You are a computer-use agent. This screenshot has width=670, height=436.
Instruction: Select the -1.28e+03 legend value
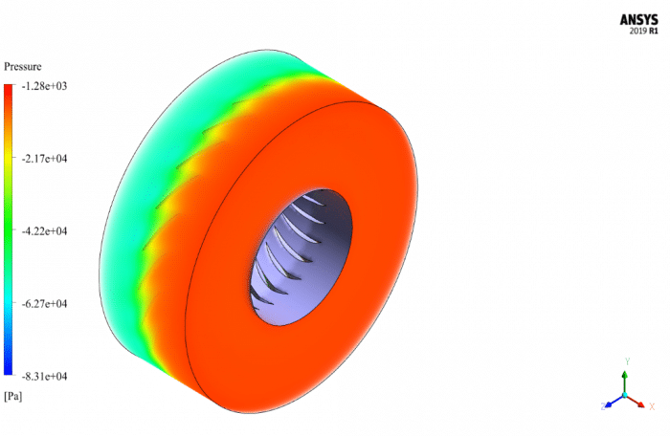click(x=45, y=86)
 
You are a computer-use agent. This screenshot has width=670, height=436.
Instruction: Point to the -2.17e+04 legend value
click(x=45, y=159)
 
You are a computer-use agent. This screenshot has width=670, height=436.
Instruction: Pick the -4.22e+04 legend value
click(x=45, y=231)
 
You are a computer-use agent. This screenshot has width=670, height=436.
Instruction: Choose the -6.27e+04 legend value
click(x=45, y=304)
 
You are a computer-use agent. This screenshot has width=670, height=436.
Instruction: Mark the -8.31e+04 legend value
click(x=45, y=376)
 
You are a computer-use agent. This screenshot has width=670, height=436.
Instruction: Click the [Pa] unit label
click(x=13, y=395)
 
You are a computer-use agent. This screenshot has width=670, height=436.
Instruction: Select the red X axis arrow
click(x=636, y=401)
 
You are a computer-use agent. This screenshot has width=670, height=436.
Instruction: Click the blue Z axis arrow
click(x=613, y=401)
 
